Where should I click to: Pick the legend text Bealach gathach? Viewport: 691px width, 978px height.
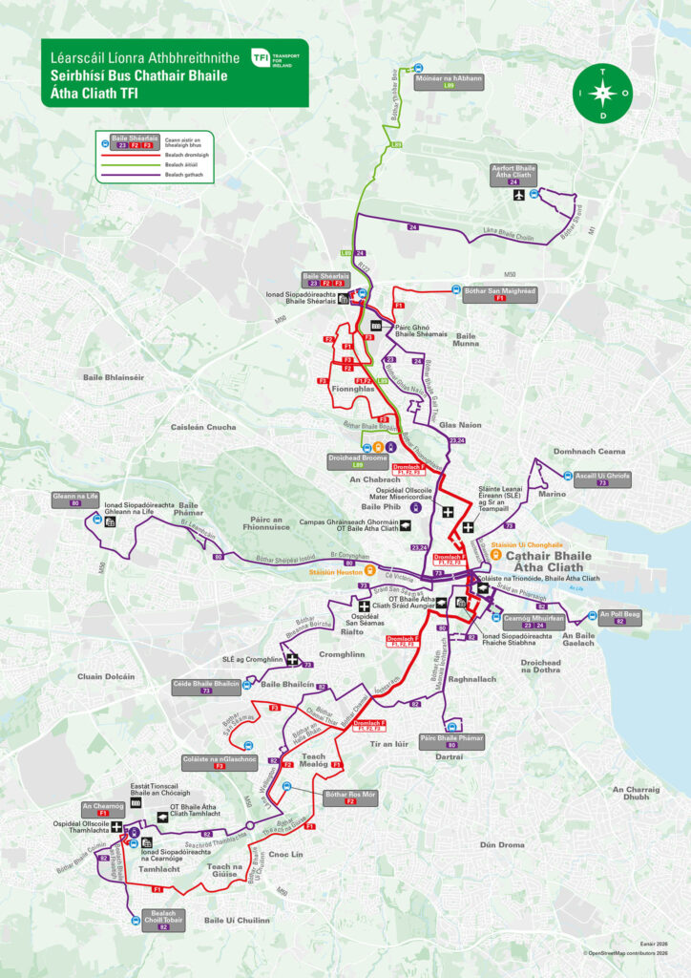185,175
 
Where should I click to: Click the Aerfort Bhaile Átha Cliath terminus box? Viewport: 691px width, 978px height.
513,175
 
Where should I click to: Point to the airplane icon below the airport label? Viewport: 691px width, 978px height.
519,196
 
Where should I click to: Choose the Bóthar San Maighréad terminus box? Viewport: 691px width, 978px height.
499,292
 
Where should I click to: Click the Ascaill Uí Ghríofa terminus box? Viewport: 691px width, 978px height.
602,478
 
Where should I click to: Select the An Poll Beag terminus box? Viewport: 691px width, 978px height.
619,617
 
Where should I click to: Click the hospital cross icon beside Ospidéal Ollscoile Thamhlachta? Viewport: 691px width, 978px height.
116,827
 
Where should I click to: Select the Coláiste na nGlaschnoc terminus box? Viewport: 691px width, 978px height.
219,761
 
